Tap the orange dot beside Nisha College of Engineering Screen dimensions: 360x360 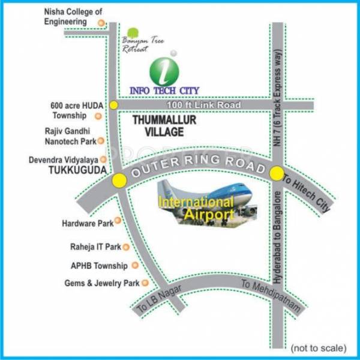coord(101,23)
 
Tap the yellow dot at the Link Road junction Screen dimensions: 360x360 coord(113,106)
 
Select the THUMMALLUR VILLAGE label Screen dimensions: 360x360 coord(157,126)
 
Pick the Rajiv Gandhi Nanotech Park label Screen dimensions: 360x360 coord(70,136)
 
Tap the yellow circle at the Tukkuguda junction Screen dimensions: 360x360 coord(119,179)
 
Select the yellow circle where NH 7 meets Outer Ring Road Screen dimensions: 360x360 coord(277,174)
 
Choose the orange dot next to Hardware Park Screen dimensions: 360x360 coord(118,221)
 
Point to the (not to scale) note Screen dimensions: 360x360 coord(318,347)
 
